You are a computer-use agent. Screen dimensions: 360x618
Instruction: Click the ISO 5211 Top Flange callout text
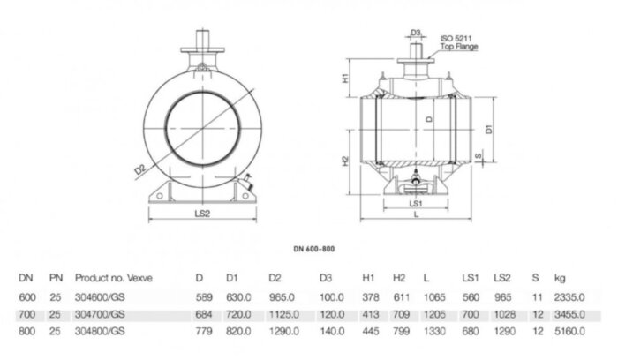[x=458, y=41]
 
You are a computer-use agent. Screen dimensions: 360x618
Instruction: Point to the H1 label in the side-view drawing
[x=346, y=79]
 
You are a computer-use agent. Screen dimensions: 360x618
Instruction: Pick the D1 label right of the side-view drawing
[x=490, y=128]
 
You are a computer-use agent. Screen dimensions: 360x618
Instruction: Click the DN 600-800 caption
[x=314, y=250]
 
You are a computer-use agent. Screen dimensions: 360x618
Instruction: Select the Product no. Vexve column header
[x=114, y=277]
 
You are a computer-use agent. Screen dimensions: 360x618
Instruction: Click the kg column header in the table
[x=559, y=277]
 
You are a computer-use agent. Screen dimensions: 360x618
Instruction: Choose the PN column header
[x=55, y=277]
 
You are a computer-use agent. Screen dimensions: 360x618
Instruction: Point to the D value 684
[x=205, y=313]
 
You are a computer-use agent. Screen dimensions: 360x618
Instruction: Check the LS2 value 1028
[x=504, y=313]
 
